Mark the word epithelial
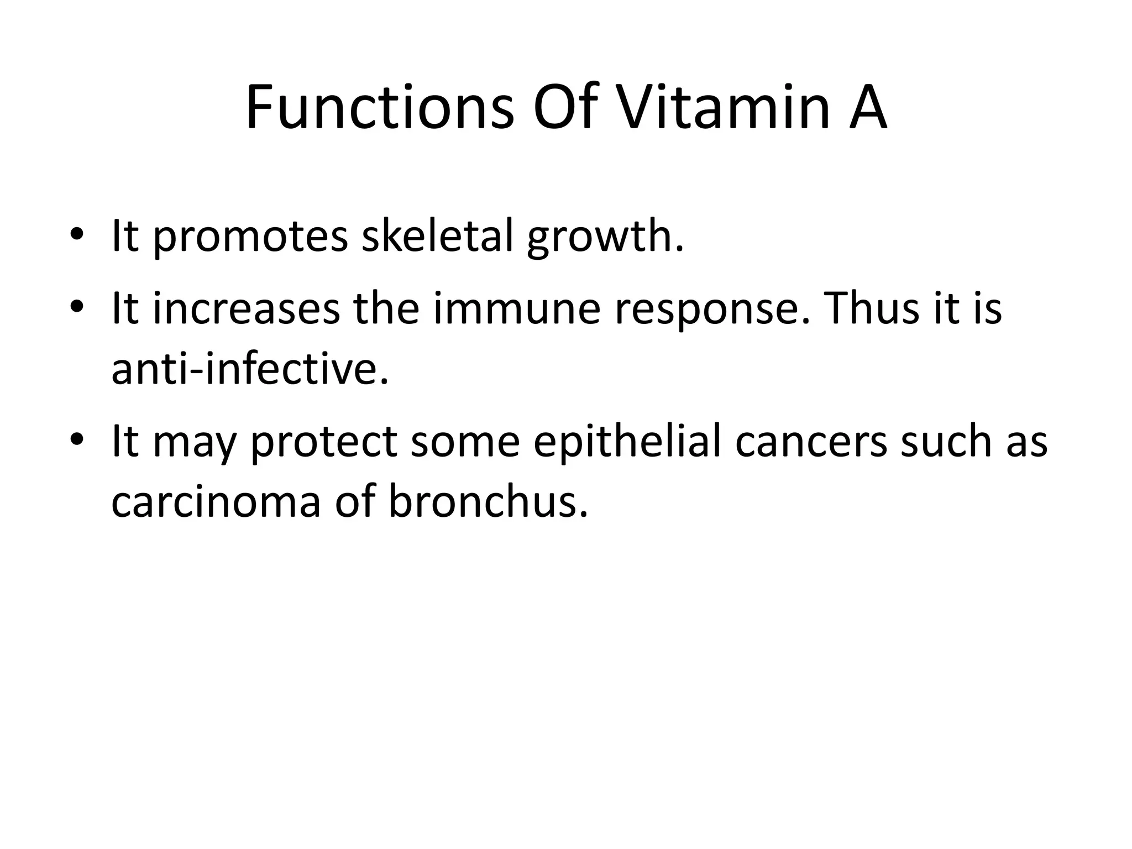pos(627,442)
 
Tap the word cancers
pos(811,442)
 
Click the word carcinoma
pos(216,502)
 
